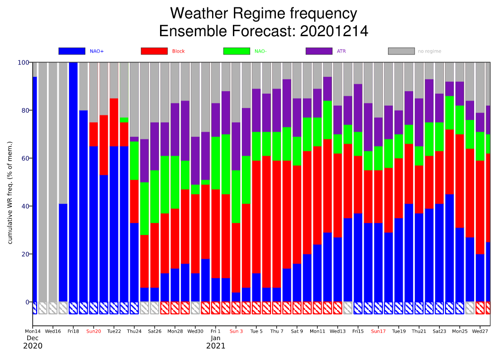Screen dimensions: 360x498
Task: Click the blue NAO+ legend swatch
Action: (71, 51)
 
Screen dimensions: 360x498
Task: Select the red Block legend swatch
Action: (154, 51)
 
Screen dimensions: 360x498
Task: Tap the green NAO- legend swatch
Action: (236, 51)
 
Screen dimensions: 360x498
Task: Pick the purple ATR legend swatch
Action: (319, 51)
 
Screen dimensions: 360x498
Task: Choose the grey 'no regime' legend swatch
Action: (401, 51)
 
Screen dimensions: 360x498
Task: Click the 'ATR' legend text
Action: (341, 51)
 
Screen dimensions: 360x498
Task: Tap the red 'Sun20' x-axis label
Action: (94, 331)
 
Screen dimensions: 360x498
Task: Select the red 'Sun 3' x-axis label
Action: (236, 331)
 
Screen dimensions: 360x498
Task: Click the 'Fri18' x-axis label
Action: (73, 331)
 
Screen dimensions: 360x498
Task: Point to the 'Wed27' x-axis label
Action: (480, 331)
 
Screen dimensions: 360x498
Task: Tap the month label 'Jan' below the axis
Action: (216, 338)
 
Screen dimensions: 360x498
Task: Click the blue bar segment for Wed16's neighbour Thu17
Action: (63, 253)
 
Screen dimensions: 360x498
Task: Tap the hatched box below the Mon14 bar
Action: (34, 308)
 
